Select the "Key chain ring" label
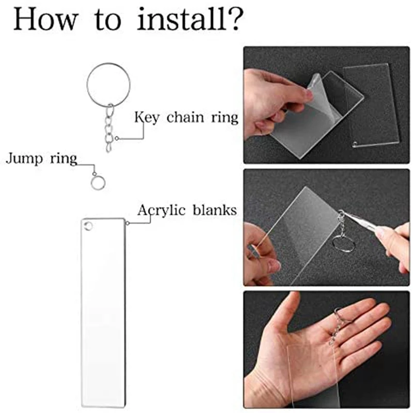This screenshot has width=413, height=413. coord(186,117)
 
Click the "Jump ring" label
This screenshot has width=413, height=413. coord(40,158)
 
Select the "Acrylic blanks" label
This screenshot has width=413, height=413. coord(187,210)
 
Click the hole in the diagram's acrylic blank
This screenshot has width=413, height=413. coord(88,226)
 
